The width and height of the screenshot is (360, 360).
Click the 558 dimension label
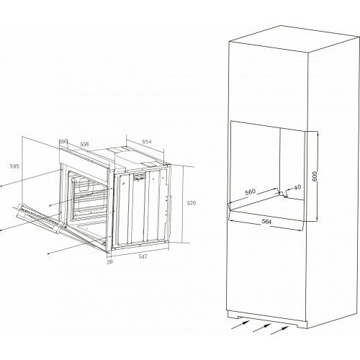point(84,144)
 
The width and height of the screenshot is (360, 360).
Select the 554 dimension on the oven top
point(147,142)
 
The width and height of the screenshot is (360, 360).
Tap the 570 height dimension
point(192,203)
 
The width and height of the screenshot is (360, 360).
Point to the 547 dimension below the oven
point(143,256)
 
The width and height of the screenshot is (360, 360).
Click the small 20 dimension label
point(109,262)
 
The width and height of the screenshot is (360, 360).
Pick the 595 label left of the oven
point(14,166)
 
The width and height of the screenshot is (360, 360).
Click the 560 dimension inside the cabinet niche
point(251,192)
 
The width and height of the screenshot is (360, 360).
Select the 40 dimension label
point(297,187)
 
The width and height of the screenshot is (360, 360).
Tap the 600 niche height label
point(315,176)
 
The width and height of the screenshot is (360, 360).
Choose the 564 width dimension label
point(266,222)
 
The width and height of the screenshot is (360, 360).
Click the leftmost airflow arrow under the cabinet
point(240,325)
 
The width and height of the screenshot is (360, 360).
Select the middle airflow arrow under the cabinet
point(262,328)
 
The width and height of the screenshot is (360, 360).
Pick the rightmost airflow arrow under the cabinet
point(280,330)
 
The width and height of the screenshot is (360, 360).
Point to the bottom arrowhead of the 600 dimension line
point(318,219)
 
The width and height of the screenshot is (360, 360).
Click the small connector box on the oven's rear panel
point(140,177)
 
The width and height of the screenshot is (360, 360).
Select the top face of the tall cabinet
point(293,38)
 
